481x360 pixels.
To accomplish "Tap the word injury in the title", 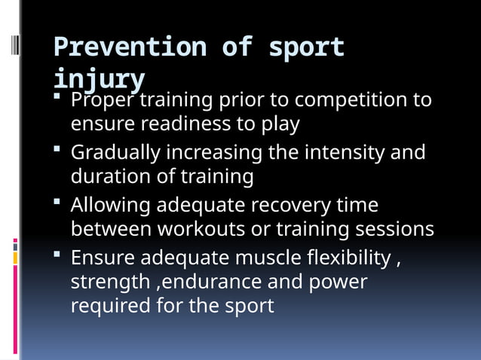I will (x=99, y=78).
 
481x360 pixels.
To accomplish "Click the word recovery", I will (x=296, y=206).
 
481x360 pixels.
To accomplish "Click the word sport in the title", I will (x=308, y=47).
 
